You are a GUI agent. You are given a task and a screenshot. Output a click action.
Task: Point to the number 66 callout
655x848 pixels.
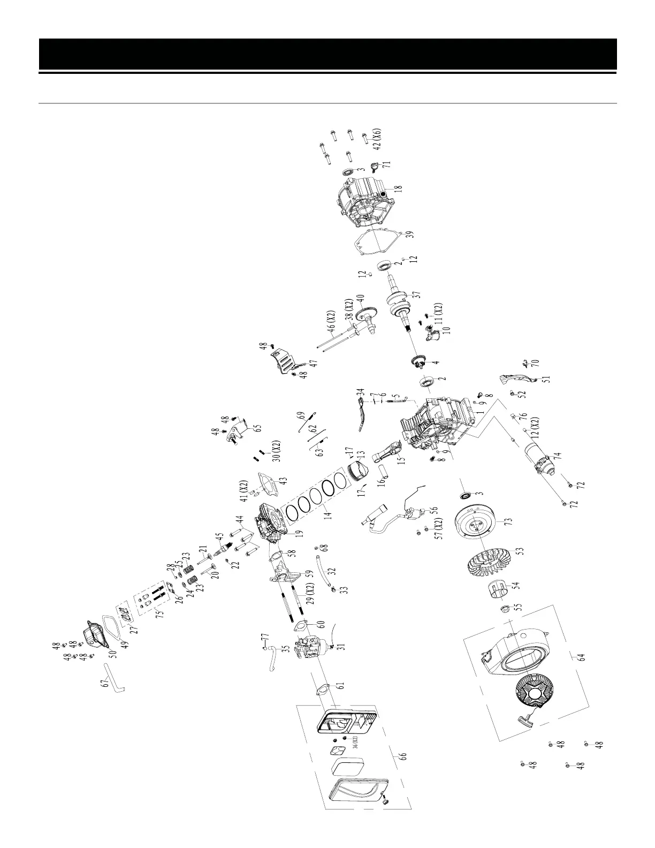click(403, 756)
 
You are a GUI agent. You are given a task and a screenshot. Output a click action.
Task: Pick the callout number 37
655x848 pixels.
click(416, 295)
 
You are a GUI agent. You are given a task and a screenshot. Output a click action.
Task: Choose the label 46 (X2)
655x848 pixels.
click(331, 320)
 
